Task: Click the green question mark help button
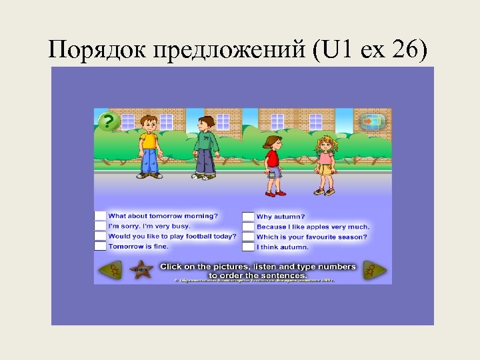(x=109, y=121)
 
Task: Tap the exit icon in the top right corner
(x=373, y=122)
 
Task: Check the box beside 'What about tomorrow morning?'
(x=100, y=215)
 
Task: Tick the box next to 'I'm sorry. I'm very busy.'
(x=100, y=226)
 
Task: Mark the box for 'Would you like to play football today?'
(x=100, y=236)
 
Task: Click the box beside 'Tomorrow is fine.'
(x=100, y=246)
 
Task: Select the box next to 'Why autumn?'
(x=248, y=216)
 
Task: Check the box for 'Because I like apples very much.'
(x=248, y=227)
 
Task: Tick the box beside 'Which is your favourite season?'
(x=248, y=237)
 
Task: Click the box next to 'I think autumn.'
(x=248, y=247)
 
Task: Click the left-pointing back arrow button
(x=110, y=270)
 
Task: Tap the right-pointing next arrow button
(x=375, y=270)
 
